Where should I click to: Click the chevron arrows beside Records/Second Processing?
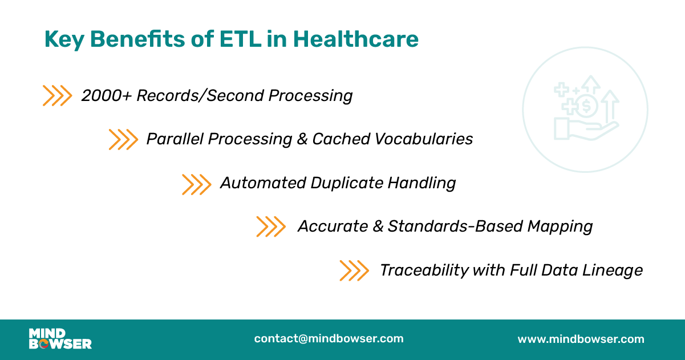57,96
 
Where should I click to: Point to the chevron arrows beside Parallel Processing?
123,139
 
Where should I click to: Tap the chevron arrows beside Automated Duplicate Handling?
196,184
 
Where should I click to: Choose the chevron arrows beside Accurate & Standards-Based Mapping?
270,226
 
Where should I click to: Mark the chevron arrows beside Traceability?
354,270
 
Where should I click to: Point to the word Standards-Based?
455,226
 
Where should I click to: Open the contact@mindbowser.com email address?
329,339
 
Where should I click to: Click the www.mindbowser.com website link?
581,339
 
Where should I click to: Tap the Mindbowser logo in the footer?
60,339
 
